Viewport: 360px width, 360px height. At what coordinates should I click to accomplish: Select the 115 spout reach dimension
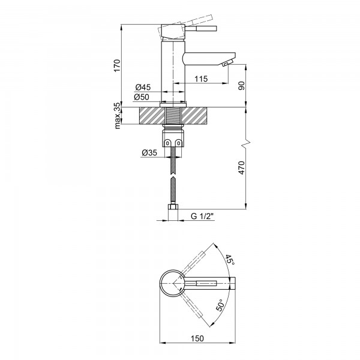point(200,79)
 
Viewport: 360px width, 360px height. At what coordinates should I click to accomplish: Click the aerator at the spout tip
point(226,64)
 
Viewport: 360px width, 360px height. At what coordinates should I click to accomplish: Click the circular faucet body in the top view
point(173,281)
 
